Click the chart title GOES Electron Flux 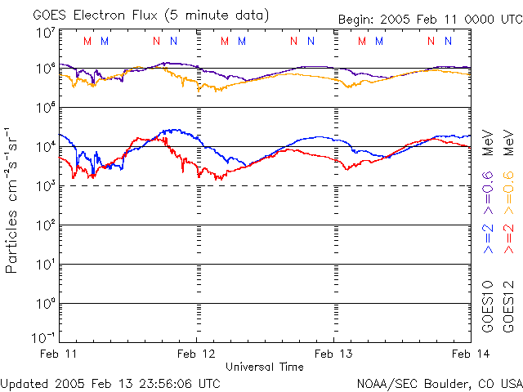click(x=95, y=16)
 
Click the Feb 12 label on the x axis click(x=196, y=354)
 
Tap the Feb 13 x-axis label click(x=333, y=354)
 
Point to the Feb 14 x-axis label click(x=471, y=354)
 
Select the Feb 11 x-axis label click(x=58, y=354)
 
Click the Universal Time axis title click(x=265, y=367)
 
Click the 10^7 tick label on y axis click(x=47, y=33)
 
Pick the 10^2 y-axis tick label click(x=47, y=225)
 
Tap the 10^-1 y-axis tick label click(x=43, y=337)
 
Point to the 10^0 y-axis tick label click(x=47, y=304)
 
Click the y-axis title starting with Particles click(x=11, y=201)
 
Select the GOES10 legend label click(x=488, y=307)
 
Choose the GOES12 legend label click(x=508, y=307)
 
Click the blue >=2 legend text click(x=488, y=238)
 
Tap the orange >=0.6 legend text click(x=508, y=193)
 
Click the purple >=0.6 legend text click(x=488, y=193)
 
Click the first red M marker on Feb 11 click(x=87, y=41)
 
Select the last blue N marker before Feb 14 click(x=448, y=41)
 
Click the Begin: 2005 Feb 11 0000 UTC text click(x=431, y=20)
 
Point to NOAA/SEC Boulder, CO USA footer click(x=440, y=384)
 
